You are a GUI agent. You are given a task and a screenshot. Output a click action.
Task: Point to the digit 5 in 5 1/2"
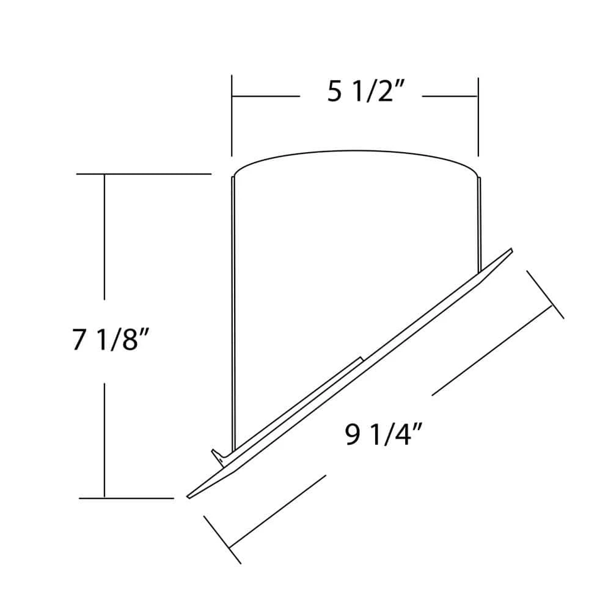[334, 93]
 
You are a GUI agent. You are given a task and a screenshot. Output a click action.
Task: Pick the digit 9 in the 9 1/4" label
[352, 436]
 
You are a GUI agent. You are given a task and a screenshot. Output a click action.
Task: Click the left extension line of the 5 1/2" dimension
[232, 116]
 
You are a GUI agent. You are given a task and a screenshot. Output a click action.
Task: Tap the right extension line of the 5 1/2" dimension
[478, 116]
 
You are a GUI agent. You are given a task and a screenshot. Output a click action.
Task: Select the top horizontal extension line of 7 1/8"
[144, 174]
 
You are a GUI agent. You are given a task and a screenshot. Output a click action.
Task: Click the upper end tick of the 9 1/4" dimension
[544, 294]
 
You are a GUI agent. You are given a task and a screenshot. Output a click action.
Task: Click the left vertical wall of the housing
[233, 305]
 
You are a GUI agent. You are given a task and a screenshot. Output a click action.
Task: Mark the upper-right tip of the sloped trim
[510, 250]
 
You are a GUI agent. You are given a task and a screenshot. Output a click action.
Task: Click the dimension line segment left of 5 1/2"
[265, 96]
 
